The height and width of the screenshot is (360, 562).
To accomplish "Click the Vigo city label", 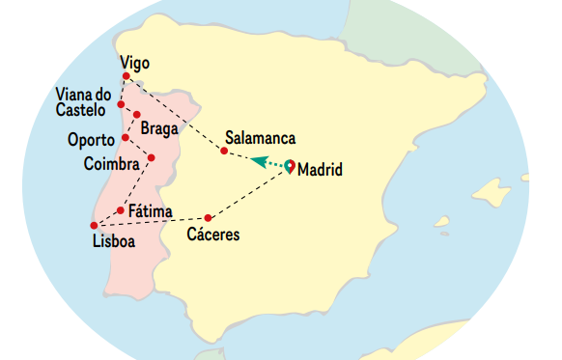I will pyautogui.click(x=135, y=64).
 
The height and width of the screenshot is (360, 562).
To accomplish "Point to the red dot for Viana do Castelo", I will pyautogui.click(x=121, y=104).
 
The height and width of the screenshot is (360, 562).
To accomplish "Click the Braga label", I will pyautogui.click(x=158, y=127).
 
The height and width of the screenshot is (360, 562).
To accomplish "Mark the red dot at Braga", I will pyautogui.click(x=137, y=115).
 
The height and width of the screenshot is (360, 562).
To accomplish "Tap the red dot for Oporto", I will pyautogui.click(x=126, y=138).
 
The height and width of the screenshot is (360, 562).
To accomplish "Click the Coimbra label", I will pyautogui.click(x=112, y=162).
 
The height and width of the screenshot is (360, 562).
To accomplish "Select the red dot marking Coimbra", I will pyautogui.click(x=152, y=158).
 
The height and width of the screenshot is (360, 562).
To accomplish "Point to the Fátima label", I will pyautogui.click(x=151, y=211).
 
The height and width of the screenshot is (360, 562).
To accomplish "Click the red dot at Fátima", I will pyautogui.click(x=120, y=209).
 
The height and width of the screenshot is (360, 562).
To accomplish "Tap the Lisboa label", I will pyautogui.click(x=114, y=239).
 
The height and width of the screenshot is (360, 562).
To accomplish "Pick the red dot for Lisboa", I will pyautogui.click(x=95, y=226).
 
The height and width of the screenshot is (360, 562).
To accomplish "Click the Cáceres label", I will pyautogui.click(x=211, y=235).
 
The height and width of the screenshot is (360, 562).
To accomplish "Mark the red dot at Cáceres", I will pyautogui.click(x=209, y=218).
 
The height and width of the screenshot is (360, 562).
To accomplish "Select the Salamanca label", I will pyautogui.click(x=259, y=137).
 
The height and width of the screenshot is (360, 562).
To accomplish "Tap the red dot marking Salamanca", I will pyautogui.click(x=224, y=151).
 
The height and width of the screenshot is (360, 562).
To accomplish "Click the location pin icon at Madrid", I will pyautogui.click(x=290, y=165).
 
